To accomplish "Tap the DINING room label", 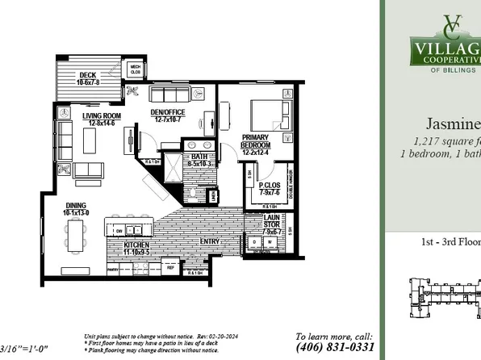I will tap(77, 208).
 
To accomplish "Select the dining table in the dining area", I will tap(77, 235).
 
